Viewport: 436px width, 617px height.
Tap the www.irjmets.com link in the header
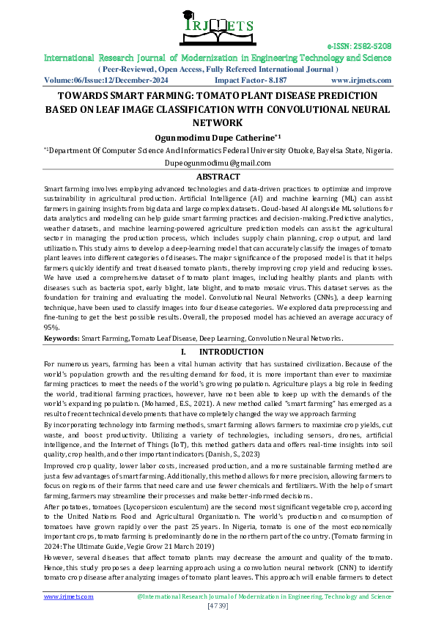(x=361, y=81)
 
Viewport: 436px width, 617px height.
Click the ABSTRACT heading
(x=218, y=177)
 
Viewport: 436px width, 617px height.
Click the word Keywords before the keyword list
(x=62, y=339)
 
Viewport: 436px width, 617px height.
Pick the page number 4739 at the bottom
(x=218, y=606)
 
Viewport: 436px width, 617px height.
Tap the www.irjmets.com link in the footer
(x=69, y=596)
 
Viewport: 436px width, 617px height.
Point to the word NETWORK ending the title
(x=218, y=122)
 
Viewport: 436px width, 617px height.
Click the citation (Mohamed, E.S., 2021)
(x=124, y=404)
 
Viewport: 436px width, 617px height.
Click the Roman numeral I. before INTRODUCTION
(x=182, y=352)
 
